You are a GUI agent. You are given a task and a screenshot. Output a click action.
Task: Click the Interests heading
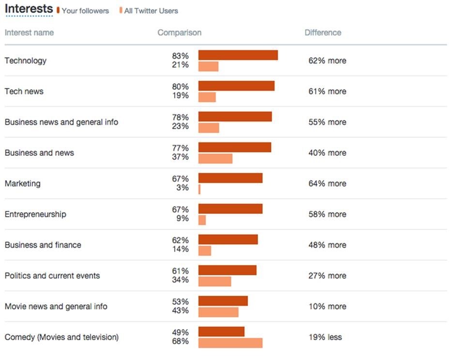[x=29, y=9]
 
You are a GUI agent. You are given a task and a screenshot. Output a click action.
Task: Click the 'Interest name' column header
[x=29, y=32]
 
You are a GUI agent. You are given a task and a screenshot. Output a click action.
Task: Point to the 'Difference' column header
[x=323, y=32]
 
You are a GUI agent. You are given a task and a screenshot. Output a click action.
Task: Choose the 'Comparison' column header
[x=180, y=32]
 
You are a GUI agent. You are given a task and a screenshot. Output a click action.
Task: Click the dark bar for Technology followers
[x=238, y=55]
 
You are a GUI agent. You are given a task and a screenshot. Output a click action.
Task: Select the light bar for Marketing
[x=199, y=189]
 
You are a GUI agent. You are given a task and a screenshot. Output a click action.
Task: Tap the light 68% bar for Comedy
[x=230, y=343]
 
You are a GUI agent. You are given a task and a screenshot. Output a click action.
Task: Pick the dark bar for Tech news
[x=236, y=86]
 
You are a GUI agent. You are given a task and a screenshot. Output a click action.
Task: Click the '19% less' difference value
[x=325, y=337]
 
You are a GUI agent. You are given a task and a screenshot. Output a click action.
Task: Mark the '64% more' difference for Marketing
[x=327, y=183]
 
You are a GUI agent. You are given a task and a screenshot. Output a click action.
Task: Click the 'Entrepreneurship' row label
[x=35, y=214]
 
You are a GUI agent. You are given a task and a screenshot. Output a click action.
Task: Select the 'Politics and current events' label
[x=52, y=275]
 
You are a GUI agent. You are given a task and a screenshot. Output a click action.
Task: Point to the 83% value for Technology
[x=180, y=56]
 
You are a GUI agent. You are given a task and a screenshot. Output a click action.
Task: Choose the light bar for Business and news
[x=215, y=159]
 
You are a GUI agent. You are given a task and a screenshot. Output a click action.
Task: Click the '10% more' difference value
[x=327, y=306]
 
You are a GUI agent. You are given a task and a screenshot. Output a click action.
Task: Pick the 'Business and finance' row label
[x=43, y=245]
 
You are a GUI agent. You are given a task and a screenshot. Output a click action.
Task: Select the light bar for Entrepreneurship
[x=202, y=220]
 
